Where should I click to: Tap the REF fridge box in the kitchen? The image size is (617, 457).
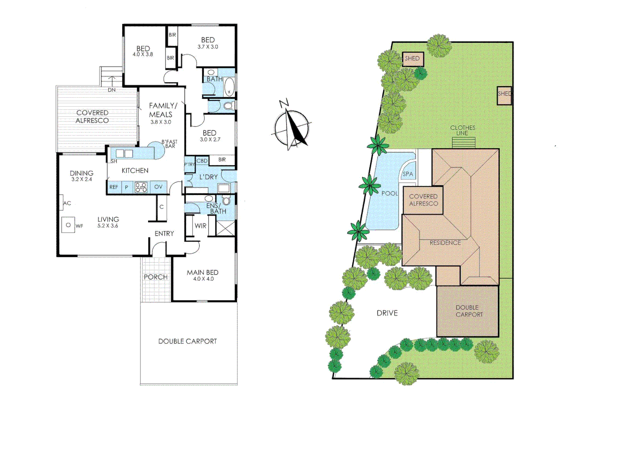point(114,187)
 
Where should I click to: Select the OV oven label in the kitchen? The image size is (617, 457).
point(158,187)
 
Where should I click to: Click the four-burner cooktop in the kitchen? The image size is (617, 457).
point(141,187)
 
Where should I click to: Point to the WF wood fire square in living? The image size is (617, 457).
point(68,225)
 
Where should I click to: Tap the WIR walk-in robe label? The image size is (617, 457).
point(201,226)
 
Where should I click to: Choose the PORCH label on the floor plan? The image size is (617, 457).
point(155,277)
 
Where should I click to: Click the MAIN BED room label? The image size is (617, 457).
point(203,273)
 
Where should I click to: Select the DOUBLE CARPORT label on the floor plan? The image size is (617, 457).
point(187,341)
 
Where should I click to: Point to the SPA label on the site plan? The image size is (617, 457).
point(408,174)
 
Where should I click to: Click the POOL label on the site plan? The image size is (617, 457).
point(389,193)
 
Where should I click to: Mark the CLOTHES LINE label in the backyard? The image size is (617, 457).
point(463,130)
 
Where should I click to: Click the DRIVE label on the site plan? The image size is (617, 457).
point(387,313)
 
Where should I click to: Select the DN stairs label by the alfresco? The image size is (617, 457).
point(111,90)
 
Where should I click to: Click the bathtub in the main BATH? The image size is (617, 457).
point(229,87)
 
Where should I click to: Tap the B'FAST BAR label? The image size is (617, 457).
point(169,144)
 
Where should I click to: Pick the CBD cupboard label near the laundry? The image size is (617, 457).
point(202,161)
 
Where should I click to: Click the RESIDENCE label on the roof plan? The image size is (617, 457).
point(445,243)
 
